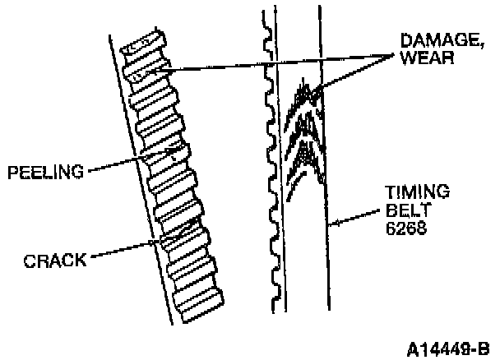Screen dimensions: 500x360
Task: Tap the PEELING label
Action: (44, 172)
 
